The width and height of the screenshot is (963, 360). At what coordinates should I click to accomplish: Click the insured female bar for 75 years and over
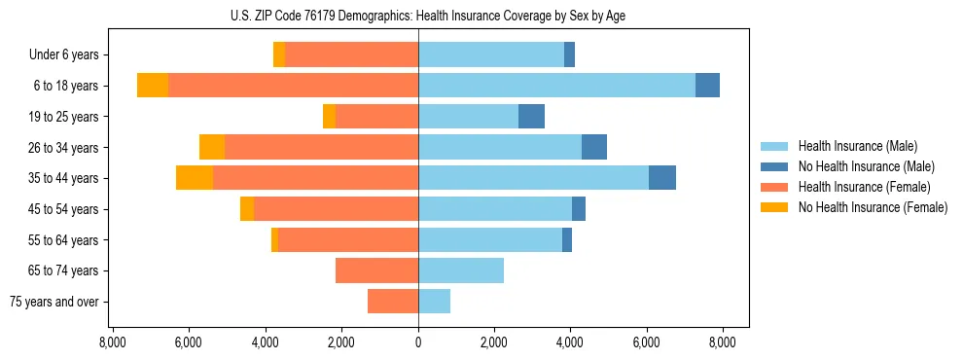point(393,302)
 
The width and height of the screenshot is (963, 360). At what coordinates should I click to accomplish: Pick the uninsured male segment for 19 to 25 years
point(531,117)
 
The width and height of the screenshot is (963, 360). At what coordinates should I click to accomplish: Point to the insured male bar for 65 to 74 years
point(461,270)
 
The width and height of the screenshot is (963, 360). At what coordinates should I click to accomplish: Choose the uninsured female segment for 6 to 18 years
point(153,86)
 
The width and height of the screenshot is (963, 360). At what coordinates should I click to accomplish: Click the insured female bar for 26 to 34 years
point(321,147)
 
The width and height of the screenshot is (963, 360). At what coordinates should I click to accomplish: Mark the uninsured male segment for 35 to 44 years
point(662,178)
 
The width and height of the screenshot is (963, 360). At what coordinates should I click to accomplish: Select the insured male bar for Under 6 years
point(491,54)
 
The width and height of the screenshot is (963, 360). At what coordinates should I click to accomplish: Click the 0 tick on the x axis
point(418,342)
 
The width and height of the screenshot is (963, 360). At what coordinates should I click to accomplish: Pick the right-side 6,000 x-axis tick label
point(647,342)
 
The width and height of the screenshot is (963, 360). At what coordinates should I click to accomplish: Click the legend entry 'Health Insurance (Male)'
point(857,146)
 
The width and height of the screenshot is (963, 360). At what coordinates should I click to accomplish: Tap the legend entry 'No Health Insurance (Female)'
point(873,207)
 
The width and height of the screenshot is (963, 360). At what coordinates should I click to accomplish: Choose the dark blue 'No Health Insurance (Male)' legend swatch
point(775,166)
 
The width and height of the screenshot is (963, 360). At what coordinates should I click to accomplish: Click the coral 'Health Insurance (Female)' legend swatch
point(775,187)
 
